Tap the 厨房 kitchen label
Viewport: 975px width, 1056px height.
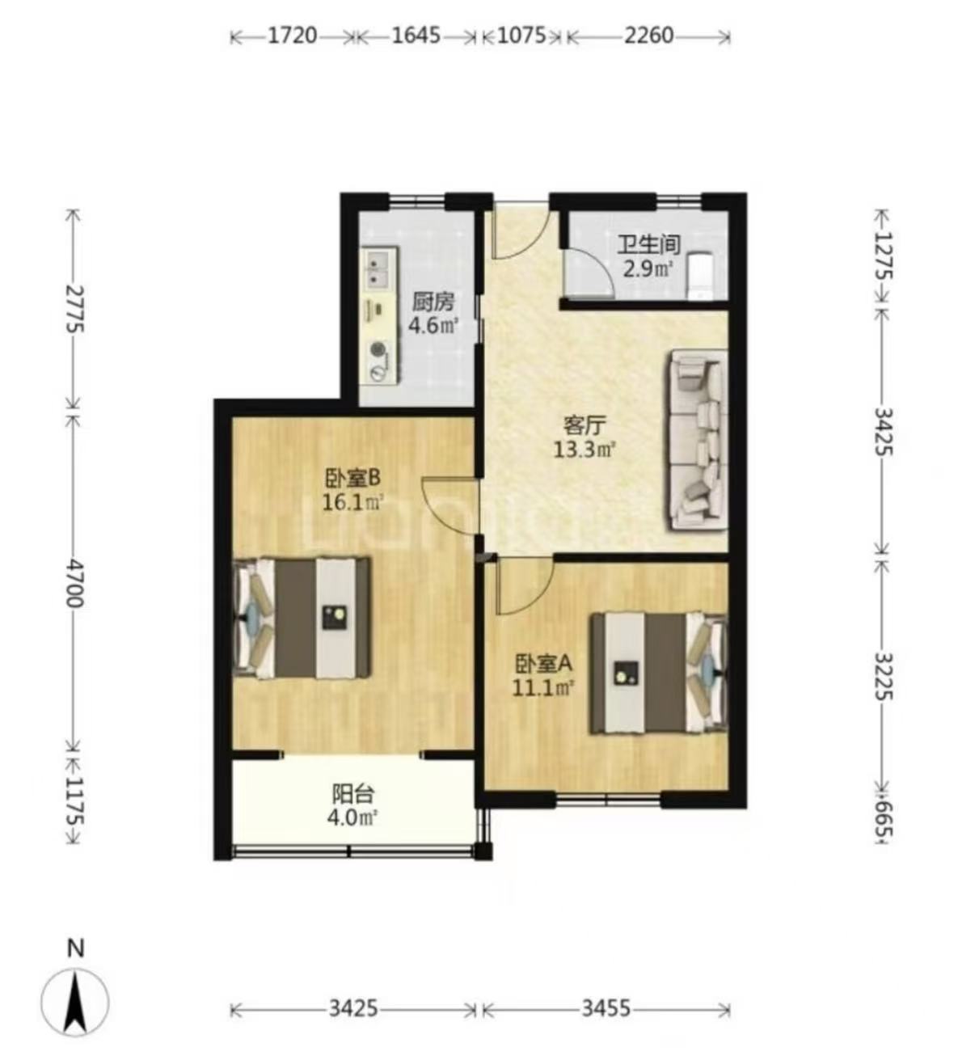(433, 302)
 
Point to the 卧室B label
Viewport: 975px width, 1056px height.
(352, 479)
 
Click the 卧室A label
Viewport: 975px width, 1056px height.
(542, 663)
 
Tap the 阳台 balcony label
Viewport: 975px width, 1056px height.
(353, 794)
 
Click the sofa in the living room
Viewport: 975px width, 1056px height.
(698, 439)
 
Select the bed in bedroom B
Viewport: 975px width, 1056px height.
(302, 617)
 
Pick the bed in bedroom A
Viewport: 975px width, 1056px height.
(659, 673)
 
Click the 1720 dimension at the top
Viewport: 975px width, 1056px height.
(292, 36)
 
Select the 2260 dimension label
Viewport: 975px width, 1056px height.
(648, 36)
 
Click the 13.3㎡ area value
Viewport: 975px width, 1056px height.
(585, 450)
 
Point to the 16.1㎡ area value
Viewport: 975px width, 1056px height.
(352, 502)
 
